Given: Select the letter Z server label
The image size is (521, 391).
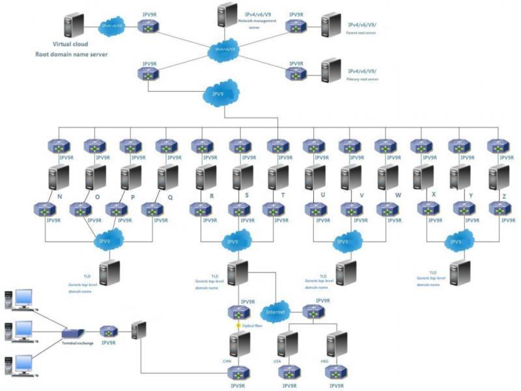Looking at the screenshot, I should (x=504, y=194).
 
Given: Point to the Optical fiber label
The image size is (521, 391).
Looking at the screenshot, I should (x=251, y=325).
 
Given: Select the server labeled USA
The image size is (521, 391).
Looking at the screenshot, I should (x=287, y=345).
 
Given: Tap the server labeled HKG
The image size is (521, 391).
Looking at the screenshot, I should (x=336, y=345).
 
